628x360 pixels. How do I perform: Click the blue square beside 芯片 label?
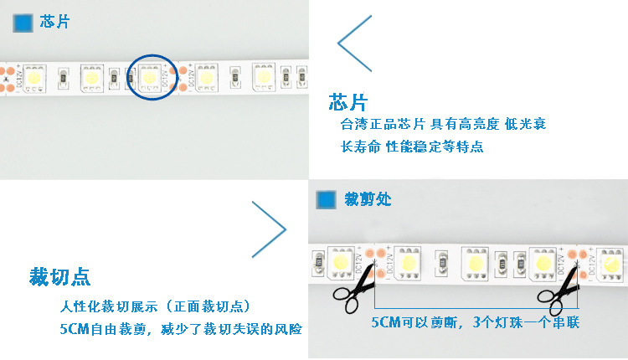pos(23,23)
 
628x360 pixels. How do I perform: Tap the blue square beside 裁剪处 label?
pos(326,200)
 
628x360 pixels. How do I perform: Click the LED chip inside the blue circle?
pos(150,77)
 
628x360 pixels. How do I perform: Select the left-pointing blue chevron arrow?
pos(354,44)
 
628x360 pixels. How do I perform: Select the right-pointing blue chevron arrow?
pos(270,229)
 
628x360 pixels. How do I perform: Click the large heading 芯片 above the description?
pos(347,102)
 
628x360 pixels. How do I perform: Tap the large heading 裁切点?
pos(59,277)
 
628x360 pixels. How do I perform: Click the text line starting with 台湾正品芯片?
pos(443,124)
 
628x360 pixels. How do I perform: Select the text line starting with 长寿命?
pos(412,147)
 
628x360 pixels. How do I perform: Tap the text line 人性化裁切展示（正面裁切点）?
pos(155,306)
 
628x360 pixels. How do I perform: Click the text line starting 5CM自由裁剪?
pos(181,329)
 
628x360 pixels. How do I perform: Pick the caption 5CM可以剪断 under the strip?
pos(476,322)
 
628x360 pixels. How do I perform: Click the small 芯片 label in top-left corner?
pos(55,22)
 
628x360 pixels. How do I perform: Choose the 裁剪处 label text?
pos(368,199)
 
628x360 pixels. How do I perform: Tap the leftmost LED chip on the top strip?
pos(34,78)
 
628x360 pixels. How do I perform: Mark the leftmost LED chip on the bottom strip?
pos(341,262)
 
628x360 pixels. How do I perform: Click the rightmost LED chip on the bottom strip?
pos(610,263)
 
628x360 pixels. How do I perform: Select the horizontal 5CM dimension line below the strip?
pos(476,308)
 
